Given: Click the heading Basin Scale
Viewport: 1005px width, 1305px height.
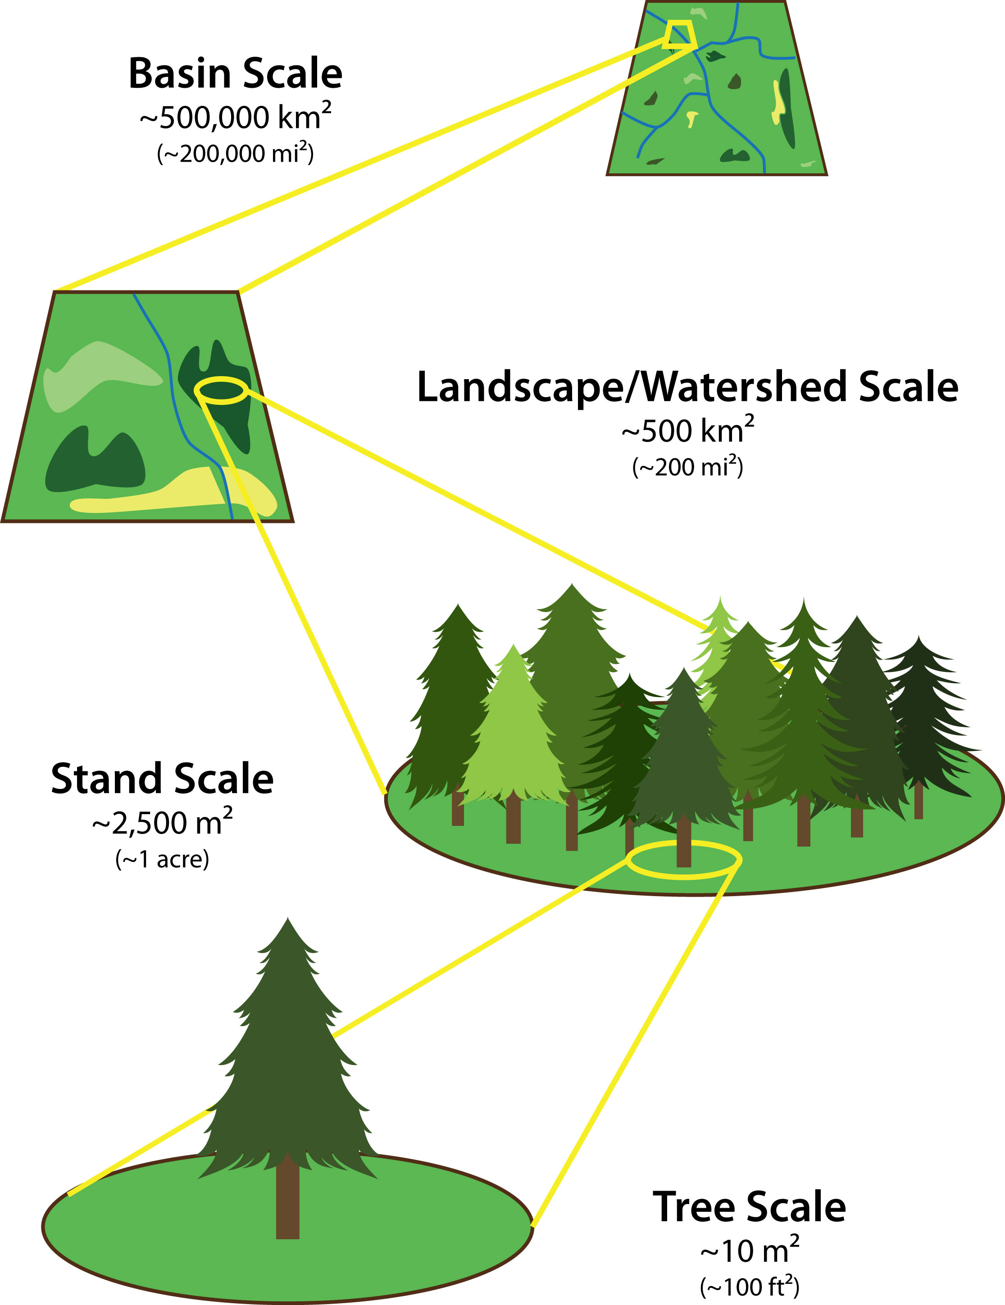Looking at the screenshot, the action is [x=236, y=74].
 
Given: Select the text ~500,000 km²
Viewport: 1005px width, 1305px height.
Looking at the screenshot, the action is [x=236, y=117].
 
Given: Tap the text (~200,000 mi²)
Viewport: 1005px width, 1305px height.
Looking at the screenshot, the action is [x=236, y=154].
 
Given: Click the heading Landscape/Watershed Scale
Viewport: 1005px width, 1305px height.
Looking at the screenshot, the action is [x=687, y=387].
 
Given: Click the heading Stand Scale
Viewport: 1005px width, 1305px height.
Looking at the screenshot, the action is [x=163, y=779].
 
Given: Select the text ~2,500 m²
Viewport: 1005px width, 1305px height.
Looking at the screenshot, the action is [x=163, y=823].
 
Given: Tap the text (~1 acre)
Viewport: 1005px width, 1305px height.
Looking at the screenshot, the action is [x=163, y=859].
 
